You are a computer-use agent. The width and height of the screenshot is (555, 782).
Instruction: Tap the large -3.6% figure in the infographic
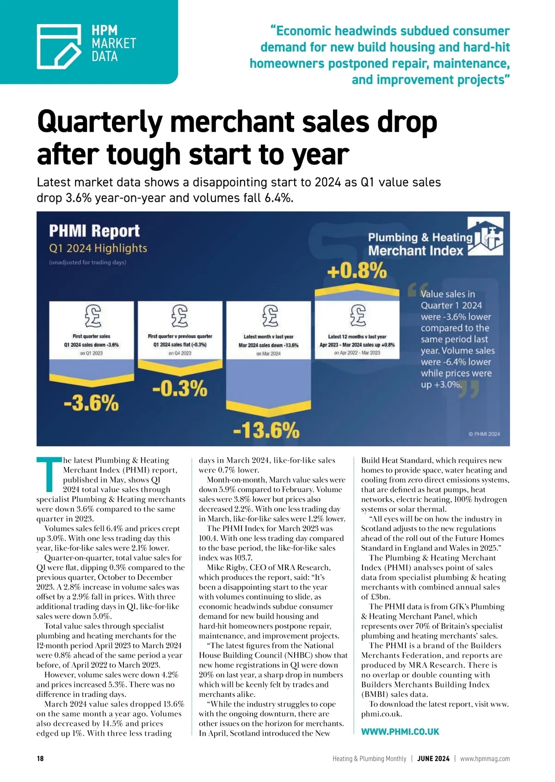[x=91, y=403]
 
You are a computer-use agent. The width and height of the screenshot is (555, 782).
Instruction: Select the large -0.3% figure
[x=179, y=389]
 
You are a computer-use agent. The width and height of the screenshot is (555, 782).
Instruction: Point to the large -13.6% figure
[x=266, y=430]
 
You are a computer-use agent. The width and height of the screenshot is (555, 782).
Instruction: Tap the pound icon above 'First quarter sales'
[x=92, y=316]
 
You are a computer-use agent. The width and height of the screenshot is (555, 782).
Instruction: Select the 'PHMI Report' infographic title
[x=94, y=230]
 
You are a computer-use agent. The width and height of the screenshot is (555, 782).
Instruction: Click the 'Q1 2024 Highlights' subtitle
[x=98, y=248]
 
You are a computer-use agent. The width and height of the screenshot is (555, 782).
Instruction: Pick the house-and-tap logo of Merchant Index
[x=485, y=238]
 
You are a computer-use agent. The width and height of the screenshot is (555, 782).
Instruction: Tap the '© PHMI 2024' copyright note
[x=484, y=434]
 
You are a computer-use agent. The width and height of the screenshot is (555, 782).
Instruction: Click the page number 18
[x=40, y=759]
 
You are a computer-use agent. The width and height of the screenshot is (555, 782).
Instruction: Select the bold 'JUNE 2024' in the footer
[x=433, y=759]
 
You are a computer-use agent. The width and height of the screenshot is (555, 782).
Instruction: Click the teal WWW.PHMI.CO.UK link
[x=400, y=732]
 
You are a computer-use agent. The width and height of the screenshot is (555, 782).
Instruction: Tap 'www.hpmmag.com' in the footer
[x=485, y=759]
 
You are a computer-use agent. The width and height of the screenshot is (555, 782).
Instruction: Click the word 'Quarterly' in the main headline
[x=99, y=123]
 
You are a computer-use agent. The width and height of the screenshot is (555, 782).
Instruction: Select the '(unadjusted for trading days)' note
[x=88, y=262]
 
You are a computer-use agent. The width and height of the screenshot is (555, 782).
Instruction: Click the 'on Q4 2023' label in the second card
[x=180, y=353]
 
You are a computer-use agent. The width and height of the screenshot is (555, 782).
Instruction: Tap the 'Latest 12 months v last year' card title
[x=357, y=337]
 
